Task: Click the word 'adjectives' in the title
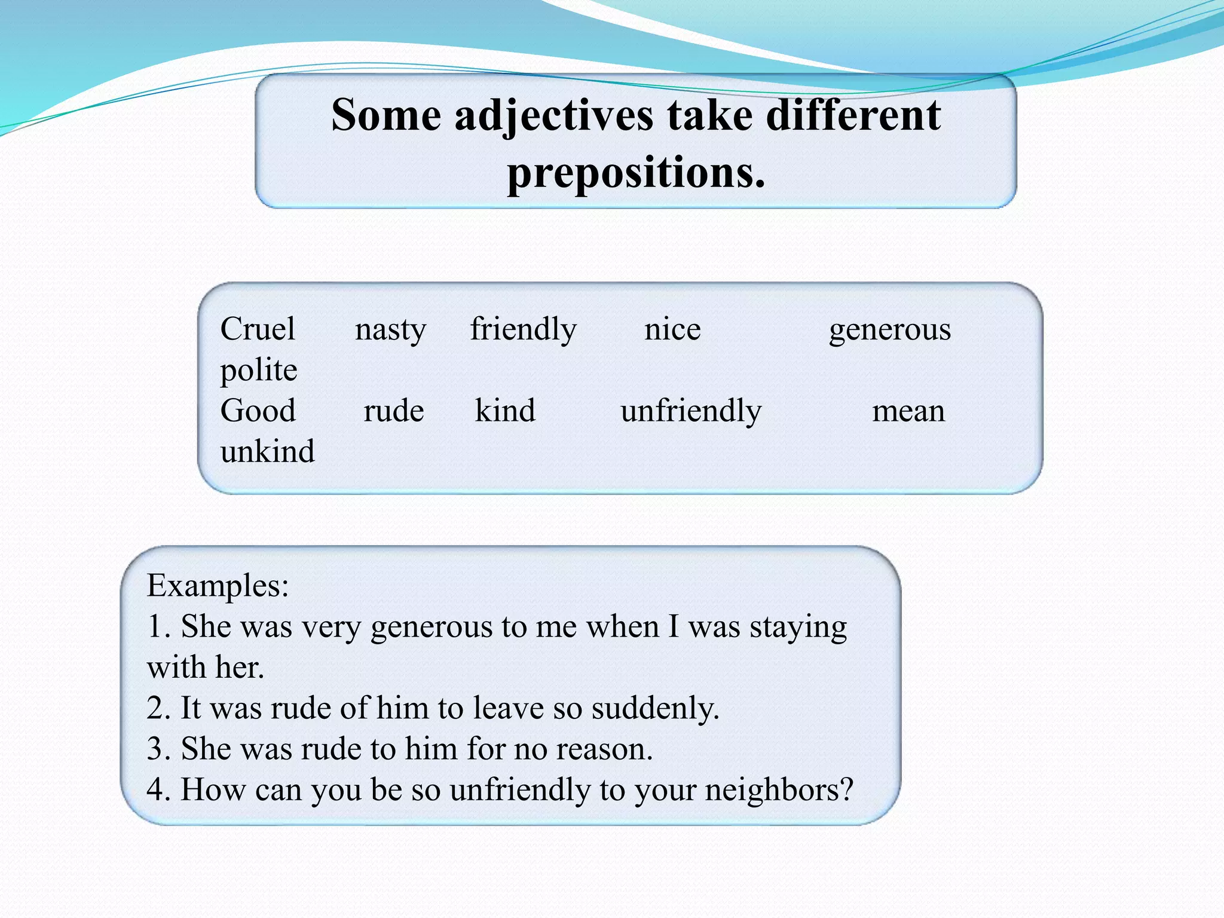coord(553,115)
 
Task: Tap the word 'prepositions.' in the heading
coord(636,173)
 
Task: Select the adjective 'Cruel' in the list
coord(258,329)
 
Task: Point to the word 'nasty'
coord(390,329)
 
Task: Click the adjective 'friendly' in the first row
coord(523,329)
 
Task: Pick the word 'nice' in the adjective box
coord(672,329)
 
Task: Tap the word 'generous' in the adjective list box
coord(889,329)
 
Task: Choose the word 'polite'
coord(259,370)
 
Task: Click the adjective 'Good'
coord(258,411)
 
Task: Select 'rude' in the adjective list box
coord(394,411)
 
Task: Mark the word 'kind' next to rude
coord(505,411)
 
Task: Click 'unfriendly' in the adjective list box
coord(691,411)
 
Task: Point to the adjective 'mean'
coord(908,411)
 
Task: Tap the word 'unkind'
coord(267,451)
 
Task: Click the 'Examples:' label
coord(218,586)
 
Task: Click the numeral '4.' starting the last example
coord(159,790)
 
